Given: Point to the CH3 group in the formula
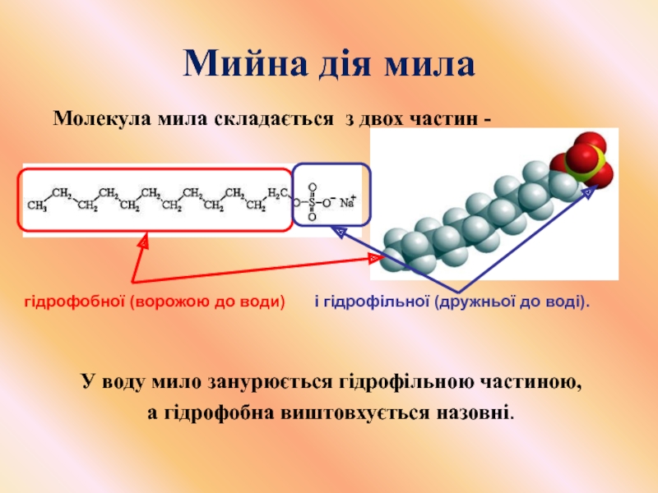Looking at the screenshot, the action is [x=37, y=206].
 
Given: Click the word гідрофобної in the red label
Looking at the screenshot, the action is [x=70, y=303].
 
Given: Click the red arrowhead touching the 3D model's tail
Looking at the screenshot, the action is [x=375, y=259].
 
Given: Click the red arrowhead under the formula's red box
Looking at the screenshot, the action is [x=143, y=243].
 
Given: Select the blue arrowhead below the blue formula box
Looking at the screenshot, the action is [x=338, y=233].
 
